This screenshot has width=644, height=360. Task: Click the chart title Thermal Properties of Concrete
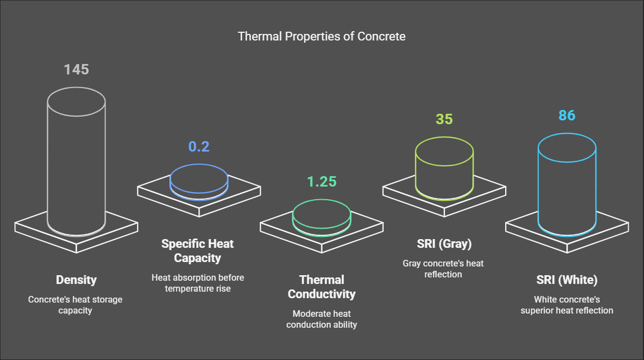(321, 36)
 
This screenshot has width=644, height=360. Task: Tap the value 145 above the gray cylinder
(77, 69)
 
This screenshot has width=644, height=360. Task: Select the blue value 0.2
(199, 146)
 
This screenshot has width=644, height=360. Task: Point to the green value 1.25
(321, 181)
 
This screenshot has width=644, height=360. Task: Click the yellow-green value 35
(444, 119)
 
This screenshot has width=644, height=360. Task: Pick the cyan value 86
(567, 115)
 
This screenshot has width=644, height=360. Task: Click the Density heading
(76, 280)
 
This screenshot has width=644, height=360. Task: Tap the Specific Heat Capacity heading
(197, 251)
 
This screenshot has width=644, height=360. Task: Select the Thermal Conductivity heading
(321, 287)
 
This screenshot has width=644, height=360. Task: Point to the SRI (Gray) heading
(444, 243)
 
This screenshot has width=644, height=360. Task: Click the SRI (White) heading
(567, 280)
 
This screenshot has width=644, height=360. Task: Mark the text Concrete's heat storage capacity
(75, 305)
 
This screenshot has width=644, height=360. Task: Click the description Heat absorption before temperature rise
(197, 283)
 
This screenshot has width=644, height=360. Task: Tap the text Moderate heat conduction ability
(321, 320)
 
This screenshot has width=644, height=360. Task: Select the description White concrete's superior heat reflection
(567, 305)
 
